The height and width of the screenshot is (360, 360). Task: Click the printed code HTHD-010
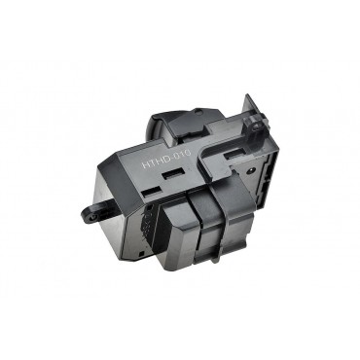[166, 158]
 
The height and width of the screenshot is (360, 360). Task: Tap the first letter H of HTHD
[145, 164]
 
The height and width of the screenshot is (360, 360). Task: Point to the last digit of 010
[188, 152]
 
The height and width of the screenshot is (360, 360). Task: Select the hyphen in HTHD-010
[171, 158]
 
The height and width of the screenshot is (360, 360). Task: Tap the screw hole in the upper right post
[258, 126]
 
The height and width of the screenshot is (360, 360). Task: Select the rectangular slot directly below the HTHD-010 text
[174, 174]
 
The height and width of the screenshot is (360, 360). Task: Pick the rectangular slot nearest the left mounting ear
[152, 193]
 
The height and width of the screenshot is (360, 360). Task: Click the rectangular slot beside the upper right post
[234, 155]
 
